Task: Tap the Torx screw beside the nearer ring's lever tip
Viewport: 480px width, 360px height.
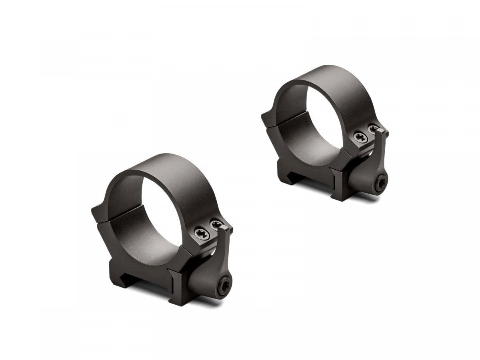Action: [216, 224]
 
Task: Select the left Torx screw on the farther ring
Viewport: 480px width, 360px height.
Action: [359, 137]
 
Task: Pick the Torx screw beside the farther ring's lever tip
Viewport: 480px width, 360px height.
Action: [374, 130]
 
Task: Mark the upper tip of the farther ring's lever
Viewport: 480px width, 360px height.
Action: [383, 132]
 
